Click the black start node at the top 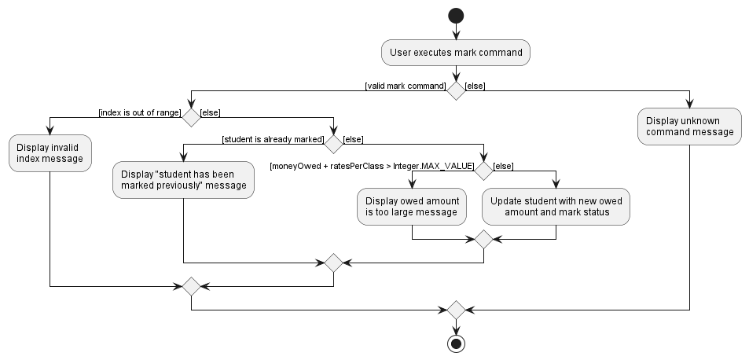pyautogui.click(x=456, y=15)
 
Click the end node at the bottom pyautogui.click(x=456, y=343)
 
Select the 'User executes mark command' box pyautogui.click(x=456, y=53)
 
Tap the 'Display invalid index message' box pyautogui.click(x=50, y=153)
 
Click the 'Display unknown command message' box pyautogui.click(x=689, y=126)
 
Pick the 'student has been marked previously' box pyautogui.click(x=183, y=179)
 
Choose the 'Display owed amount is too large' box pyautogui.click(x=411, y=206)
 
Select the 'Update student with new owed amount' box pyautogui.click(x=556, y=206)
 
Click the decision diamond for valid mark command pyautogui.click(x=456, y=90)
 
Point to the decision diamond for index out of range pyautogui.click(x=191, y=117)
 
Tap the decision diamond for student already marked pyautogui.click(x=333, y=144)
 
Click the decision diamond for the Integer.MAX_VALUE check pyautogui.click(x=483, y=171)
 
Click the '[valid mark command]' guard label pyautogui.click(x=406, y=86)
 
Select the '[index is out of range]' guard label pyautogui.click(x=139, y=112)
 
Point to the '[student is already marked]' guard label pyautogui.click(x=273, y=139)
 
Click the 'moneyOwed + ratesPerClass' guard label pyautogui.click(x=372, y=166)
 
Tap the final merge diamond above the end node pyautogui.click(x=456, y=310)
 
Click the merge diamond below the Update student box pyautogui.click(x=483, y=239)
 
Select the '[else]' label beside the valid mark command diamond pyautogui.click(x=475, y=86)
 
